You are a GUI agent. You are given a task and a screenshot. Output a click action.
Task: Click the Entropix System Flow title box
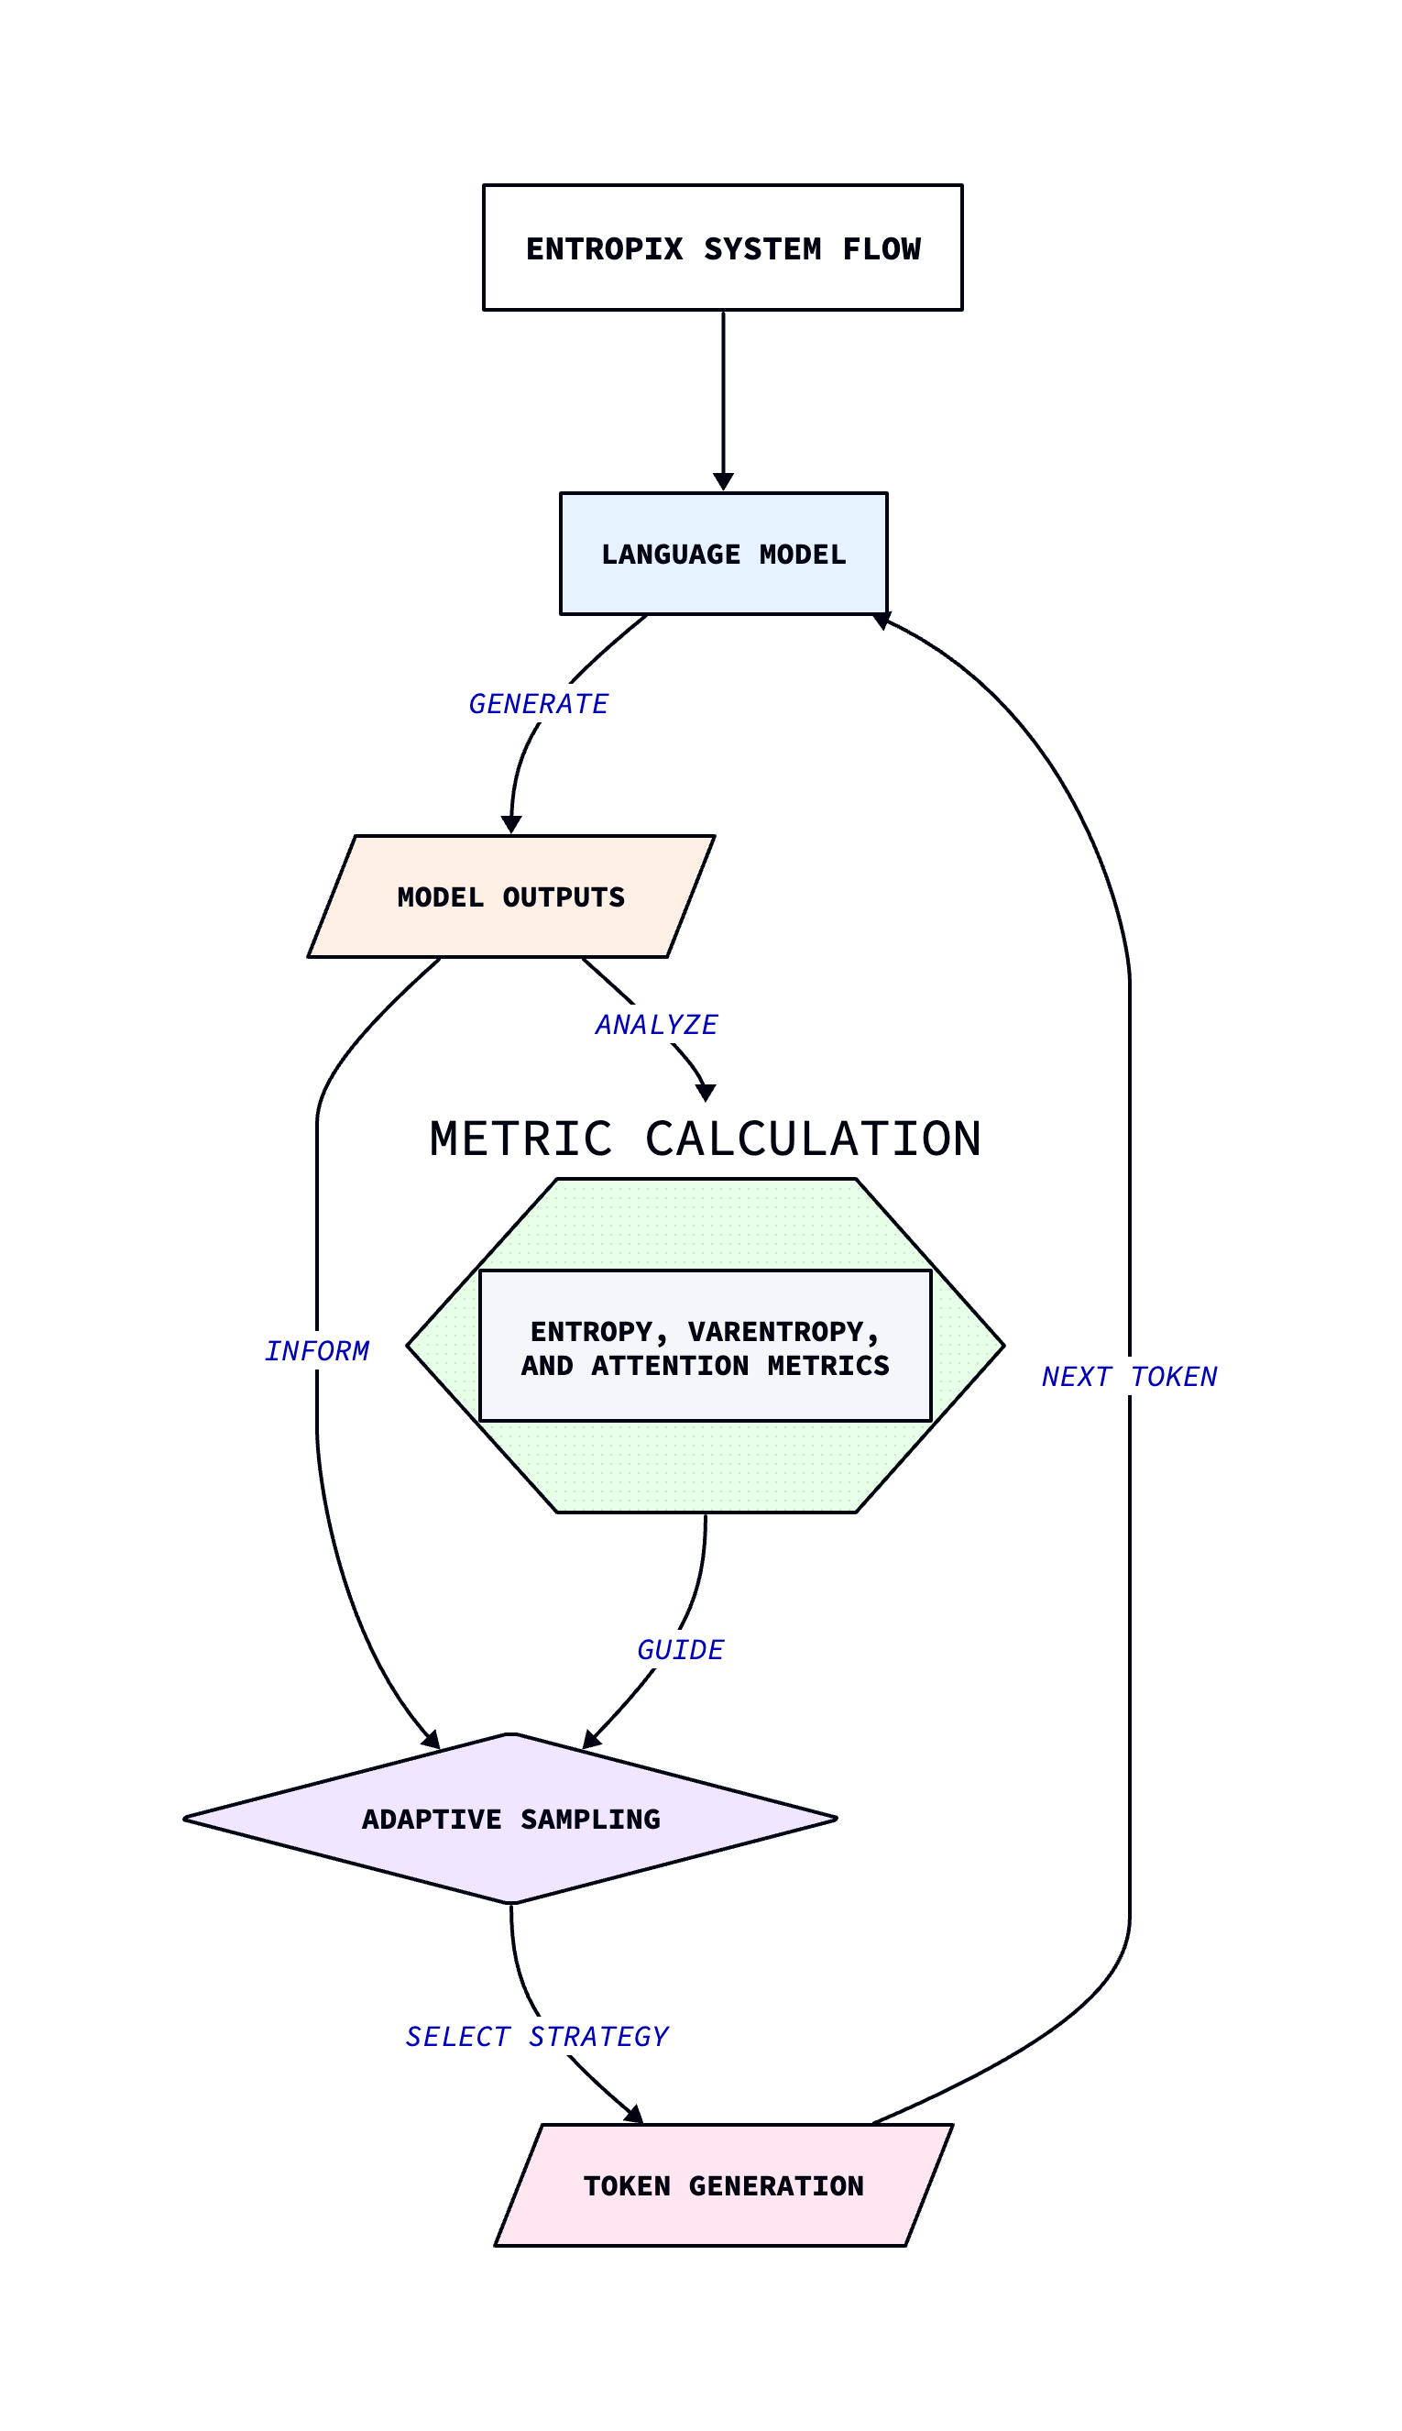pyautogui.click(x=722, y=247)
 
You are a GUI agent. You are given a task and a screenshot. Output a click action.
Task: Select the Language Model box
pyautogui.click(x=723, y=554)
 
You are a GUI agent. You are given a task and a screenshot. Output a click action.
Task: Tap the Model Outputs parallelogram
pyautogui.click(x=510, y=896)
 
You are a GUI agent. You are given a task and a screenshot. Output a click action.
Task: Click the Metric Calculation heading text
pyautogui.click(x=705, y=1138)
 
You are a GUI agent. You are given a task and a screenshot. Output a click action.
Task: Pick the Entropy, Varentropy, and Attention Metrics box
pyautogui.click(x=705, y=1346)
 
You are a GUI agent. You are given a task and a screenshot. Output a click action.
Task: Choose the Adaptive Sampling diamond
pyautogui.click(x=510, y=1819)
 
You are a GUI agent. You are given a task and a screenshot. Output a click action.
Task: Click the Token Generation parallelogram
pyautogui.click(x=723, y=2185)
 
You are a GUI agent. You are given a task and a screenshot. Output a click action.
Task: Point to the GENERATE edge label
pyautogui.click(x=537, y=704)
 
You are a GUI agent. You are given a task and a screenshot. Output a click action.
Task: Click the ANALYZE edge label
pyautogui.click(x=656, y=1025)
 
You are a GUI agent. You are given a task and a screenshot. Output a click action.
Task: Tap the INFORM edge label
pyautogui.click(x=317, y=1351)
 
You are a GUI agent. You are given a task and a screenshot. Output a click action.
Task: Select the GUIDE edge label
pyautogui.click(x=680, y=1650)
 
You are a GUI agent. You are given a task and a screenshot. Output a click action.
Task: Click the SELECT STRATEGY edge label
pyautogui.click(x=536, y=2036)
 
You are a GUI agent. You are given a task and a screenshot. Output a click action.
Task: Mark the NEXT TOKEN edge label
pyautogui.click(x=1129, y=1378)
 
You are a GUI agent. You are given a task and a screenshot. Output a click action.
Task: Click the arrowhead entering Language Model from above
pyautogui.click(x=723, y=481)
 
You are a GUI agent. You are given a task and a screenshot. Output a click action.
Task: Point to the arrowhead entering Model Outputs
pyautogui.click(x=511, y=824)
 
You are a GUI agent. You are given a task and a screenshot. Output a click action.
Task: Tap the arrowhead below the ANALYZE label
pyautogui.click(x=706, y=1093)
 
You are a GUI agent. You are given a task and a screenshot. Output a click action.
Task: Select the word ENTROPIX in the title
pyautogui.click(x=604, y=249)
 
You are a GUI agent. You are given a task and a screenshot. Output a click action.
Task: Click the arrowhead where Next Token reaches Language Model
pyautogui.click(x=882, y=621)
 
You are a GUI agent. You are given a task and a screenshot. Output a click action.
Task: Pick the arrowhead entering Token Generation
pyautogui.click(x=633, y=2115)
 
